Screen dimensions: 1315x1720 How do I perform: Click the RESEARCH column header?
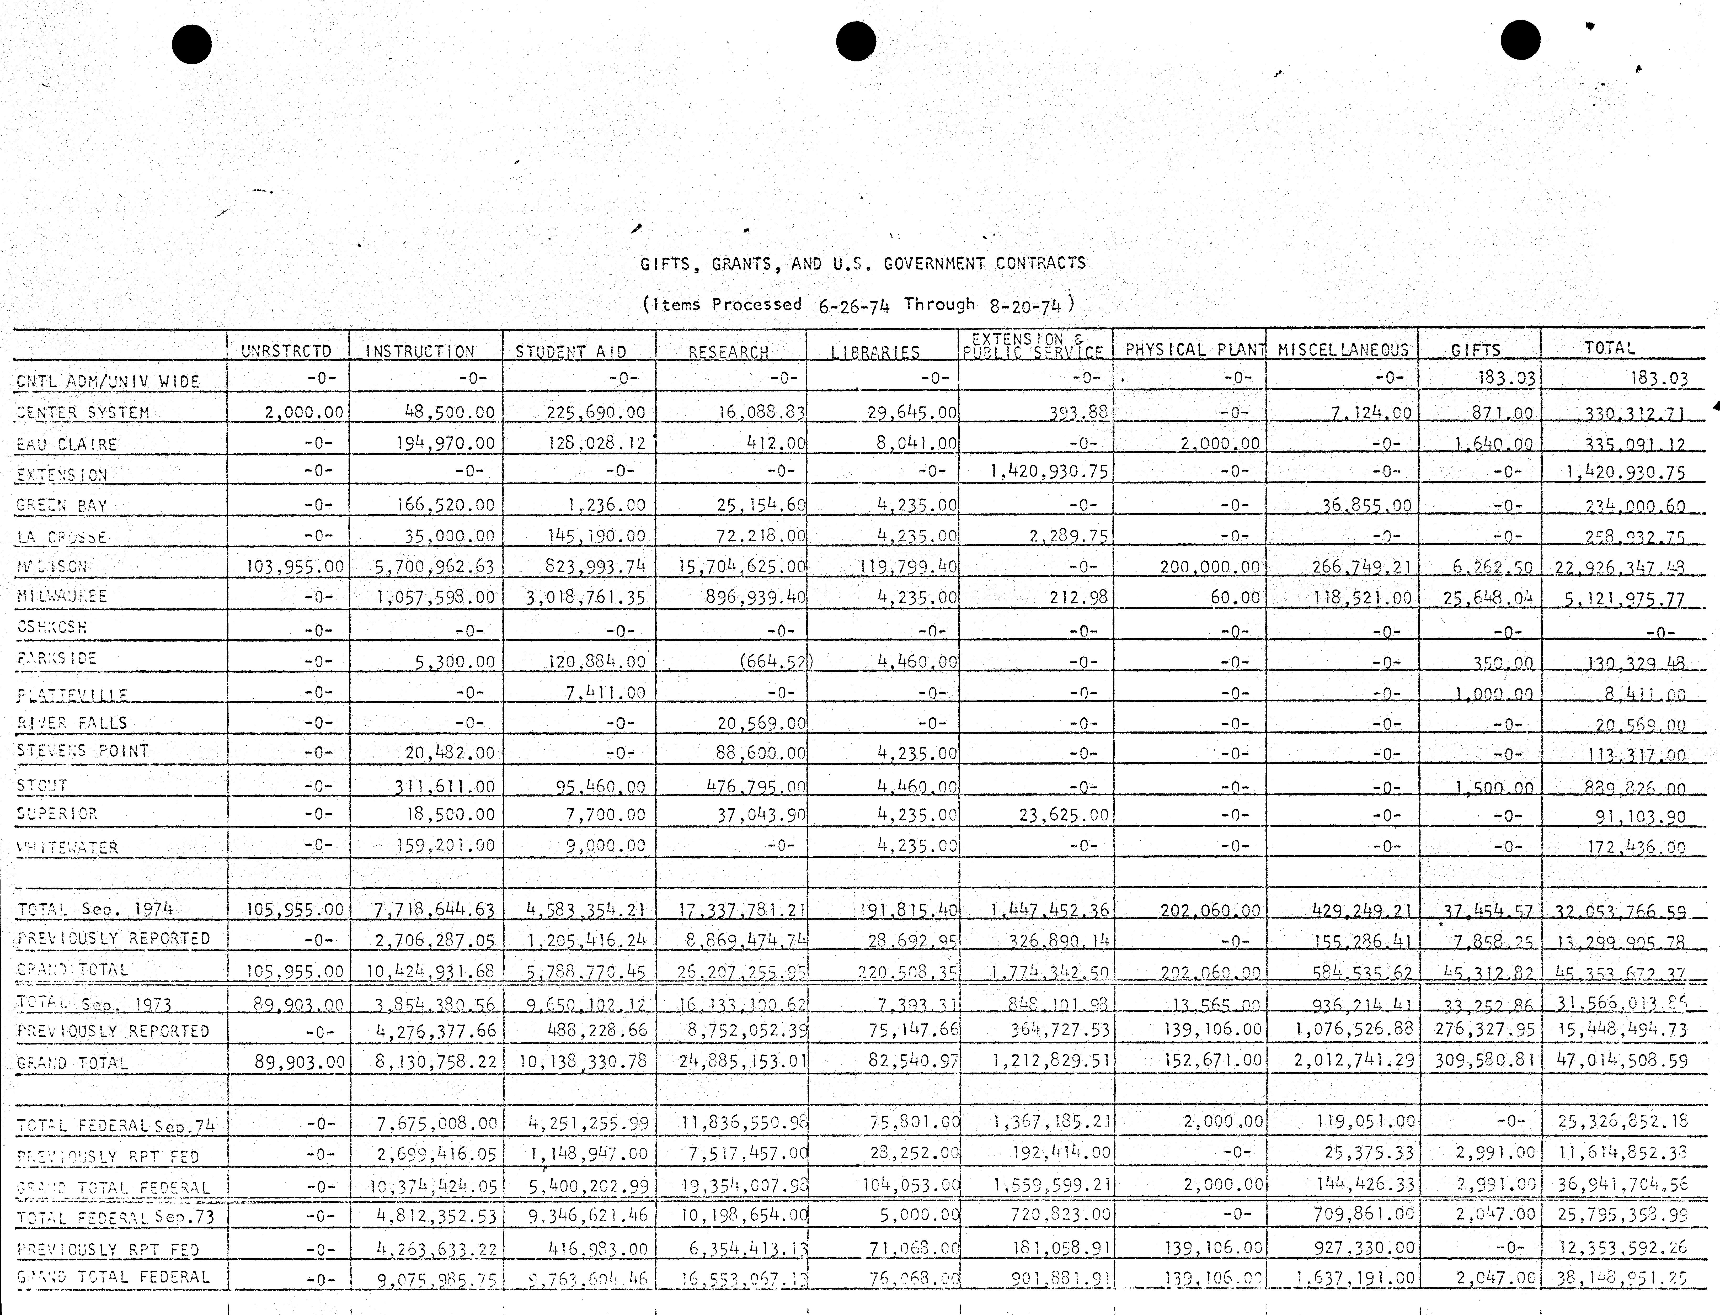click(729, 352)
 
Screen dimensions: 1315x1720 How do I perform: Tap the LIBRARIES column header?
click(876, 352)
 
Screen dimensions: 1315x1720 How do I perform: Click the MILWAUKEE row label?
click(62, 596)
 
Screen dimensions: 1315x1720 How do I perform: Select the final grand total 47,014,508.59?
click(1621, 1061)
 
